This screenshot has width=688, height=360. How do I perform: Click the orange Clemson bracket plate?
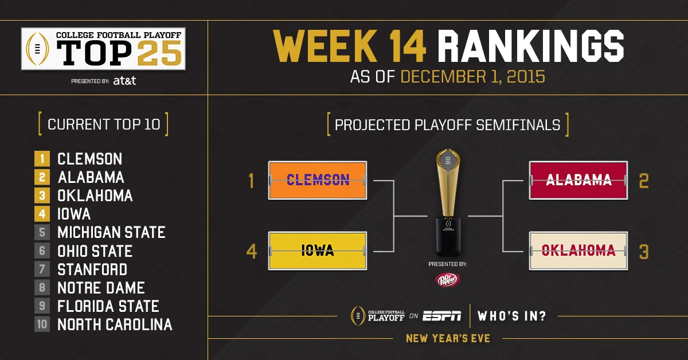pos(317,180)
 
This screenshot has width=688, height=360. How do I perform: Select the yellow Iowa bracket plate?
pos(317,251)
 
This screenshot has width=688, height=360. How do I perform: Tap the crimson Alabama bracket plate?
pos(578,180)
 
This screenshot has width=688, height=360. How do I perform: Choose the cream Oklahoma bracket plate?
pos(578,251)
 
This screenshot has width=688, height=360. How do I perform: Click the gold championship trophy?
pos(448,201)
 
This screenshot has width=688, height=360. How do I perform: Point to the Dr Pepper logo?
pos(448,280)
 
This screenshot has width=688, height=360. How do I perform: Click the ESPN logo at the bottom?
pos(441,315)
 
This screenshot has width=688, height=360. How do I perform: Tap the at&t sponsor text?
pos(124,81)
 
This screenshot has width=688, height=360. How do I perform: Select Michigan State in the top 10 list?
pos(111,232)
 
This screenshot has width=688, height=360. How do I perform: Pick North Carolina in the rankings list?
pos(115,324)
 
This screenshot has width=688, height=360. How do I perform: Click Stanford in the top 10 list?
pos(92,269)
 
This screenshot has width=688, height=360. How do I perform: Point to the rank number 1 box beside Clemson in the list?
pos(42,159)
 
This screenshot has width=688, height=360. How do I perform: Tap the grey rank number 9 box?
pos(42,306)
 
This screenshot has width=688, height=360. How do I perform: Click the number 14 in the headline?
pos(397,46)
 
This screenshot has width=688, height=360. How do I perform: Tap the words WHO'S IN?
pos(512,315)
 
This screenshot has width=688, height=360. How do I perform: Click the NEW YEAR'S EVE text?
pos(448,338)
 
